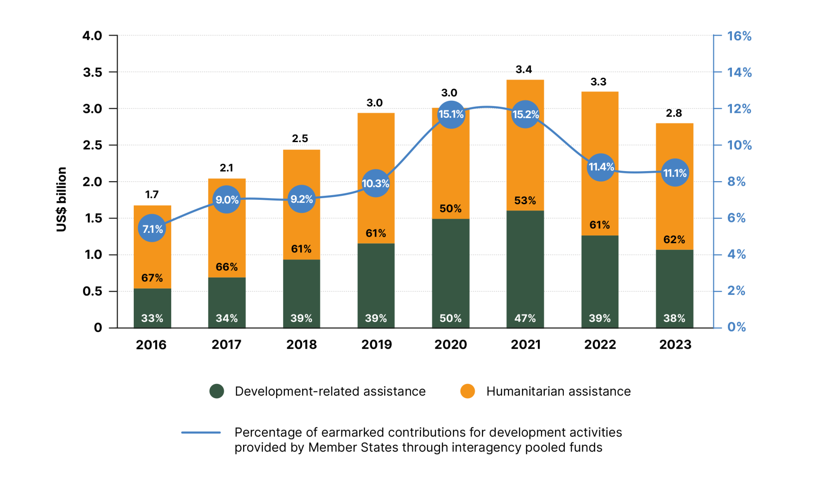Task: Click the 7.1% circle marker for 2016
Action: coord(152,228)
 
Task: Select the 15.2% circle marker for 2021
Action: coord(525,114)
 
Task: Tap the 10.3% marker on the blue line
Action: coord(375,183)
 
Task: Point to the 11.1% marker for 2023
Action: coord(675,173)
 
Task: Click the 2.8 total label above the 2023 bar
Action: coord(674,113)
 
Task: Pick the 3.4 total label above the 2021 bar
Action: coord(523,69)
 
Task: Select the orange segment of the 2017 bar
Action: coord(227,235)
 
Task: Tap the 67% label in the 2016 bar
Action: coord(152,278)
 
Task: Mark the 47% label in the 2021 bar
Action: coord(525,318)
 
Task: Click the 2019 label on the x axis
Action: coord(377,345)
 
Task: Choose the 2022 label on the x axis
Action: coord(600,345)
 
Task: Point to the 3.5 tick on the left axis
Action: coord(93,72)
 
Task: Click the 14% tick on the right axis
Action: coord(739,72)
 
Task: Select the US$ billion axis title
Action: coord(62,199)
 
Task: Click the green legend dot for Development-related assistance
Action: coord(217,391)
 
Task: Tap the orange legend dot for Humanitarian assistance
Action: coord(467,391)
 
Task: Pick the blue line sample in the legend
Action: coord(201,433)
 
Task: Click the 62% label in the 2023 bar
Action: coord(674,240)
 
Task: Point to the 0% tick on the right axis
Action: coord(736,327)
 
